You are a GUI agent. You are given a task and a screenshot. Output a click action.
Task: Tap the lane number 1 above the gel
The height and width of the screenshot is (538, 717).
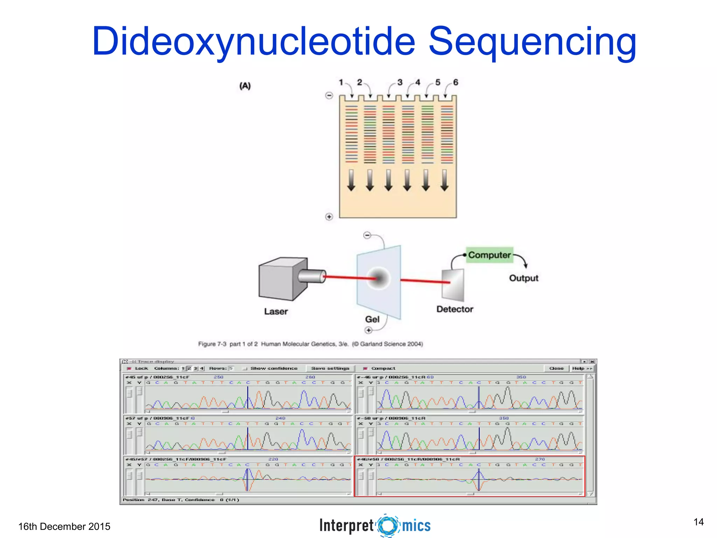click(x=341, y=83)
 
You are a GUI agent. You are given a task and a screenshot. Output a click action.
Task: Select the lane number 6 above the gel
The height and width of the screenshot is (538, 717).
click(x=455, y=83)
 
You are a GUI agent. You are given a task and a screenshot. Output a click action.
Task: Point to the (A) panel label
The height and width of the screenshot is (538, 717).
click(x=245, y=86)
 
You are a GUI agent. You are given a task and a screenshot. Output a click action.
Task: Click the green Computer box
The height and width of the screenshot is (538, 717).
click(x=489, y=255)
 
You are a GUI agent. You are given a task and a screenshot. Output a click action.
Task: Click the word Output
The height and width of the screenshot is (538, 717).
click(x=523, y=278)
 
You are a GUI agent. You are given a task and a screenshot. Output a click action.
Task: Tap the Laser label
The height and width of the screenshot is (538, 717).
click(x=276, y=311)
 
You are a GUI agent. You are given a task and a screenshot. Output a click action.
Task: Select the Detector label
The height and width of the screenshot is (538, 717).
click(x=454, y=309)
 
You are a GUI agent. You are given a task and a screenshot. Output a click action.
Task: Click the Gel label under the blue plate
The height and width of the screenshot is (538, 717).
click(x=372, y=319)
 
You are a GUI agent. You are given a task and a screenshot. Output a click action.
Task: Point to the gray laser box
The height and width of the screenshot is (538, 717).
click(x=282, y=279)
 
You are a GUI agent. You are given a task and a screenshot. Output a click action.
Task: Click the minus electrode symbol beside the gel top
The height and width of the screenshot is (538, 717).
click(x=329, y=95)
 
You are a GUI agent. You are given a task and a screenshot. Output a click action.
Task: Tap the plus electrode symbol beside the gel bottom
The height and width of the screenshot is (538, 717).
click(x=329, y=217)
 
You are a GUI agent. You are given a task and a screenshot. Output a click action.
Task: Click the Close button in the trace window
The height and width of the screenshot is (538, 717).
click(x=556, y=368)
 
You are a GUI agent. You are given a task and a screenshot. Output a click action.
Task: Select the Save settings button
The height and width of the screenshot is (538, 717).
click(x=330, y=368)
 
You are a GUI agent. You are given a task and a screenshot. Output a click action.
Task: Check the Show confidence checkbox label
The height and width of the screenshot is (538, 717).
click(x=273, y=368)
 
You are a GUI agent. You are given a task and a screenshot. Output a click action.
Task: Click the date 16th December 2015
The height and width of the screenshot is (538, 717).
click(x=64, y=526)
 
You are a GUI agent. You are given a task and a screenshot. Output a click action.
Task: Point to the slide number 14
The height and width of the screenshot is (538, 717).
click(x=698, y=522)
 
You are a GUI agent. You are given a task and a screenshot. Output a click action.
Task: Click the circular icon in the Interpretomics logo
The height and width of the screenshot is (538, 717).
click(x=388, y=525)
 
